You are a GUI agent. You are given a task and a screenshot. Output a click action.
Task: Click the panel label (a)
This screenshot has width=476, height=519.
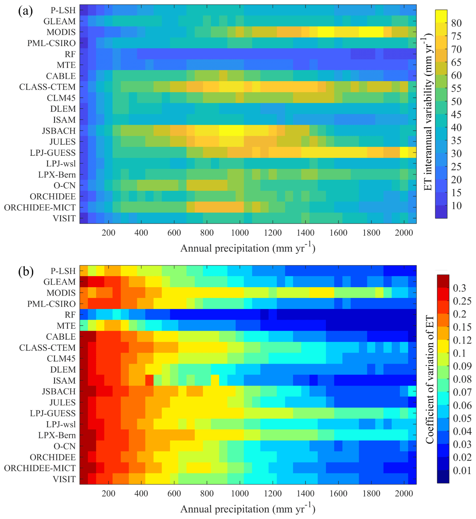(25, 11)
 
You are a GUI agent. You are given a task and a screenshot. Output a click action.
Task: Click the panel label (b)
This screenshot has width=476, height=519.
(26, 272)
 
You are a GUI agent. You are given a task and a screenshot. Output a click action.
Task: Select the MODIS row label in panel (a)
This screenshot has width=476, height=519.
(61, 32)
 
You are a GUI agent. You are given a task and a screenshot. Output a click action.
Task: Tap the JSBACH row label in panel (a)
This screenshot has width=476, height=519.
(59, 131)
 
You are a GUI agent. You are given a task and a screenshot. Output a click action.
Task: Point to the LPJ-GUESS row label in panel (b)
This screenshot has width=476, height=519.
(52, 413)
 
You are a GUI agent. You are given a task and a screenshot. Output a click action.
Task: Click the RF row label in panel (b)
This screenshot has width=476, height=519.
(70, 315)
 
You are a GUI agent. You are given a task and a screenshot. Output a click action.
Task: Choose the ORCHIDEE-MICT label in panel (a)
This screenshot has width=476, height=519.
(40, 208)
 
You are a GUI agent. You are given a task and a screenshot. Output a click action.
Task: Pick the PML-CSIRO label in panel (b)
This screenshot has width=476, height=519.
(51, 304)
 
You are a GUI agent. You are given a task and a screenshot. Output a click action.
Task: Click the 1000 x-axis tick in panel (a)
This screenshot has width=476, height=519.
(240, 233)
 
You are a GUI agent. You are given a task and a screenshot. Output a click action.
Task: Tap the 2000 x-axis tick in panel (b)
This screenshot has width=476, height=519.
(404, 494)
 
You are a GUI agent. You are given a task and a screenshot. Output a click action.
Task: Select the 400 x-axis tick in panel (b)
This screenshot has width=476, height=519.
(141, 494)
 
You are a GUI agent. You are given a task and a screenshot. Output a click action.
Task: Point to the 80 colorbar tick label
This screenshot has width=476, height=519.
(456, 23)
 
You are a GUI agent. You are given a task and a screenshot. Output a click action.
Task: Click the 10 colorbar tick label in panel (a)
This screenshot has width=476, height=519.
(456, 206)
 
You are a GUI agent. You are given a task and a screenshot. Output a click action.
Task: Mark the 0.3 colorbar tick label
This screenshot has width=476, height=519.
(460, 288)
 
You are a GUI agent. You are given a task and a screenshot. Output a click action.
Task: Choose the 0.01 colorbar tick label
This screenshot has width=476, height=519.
(462, 471)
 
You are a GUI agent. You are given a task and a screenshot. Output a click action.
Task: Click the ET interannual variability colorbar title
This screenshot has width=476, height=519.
(428, 113)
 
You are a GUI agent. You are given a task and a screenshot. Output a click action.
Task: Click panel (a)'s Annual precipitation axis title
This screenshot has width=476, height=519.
(248, 248)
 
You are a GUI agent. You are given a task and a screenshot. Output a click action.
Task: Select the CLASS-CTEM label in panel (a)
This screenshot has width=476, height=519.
(48, 87)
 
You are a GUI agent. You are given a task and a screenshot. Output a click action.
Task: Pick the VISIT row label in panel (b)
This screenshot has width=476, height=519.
(64, 479)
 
